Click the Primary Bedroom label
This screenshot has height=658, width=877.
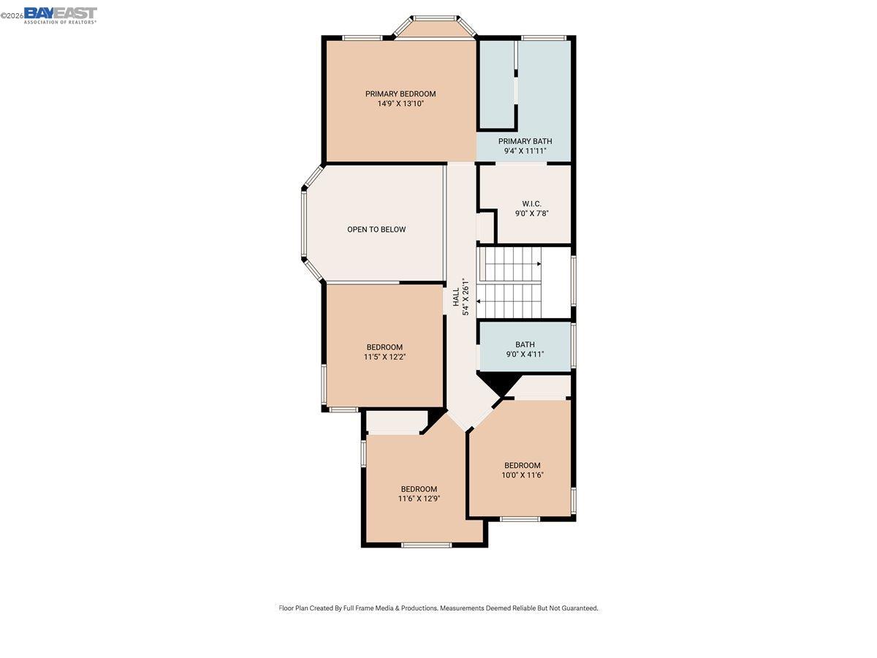(400, 94)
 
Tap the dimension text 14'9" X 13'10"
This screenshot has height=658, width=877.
(400, 104)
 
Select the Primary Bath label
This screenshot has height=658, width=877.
(525, 141)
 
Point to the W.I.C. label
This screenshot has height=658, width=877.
(531, 203)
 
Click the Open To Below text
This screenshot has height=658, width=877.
(376, 230)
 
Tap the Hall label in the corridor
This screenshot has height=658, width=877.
(456, 296)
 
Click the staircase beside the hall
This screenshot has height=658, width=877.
(512, 282)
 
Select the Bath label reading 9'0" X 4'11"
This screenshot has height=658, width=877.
(525, 344)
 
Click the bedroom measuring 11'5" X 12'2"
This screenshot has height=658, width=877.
(384, 347)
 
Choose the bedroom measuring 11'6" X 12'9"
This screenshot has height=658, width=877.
(419, 489)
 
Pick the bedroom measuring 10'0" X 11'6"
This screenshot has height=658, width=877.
(523, 466)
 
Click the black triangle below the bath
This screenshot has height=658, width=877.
(498, 382)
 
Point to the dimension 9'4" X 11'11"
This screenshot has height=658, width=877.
(525, 151)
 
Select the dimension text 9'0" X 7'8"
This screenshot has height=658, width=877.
(531, 213)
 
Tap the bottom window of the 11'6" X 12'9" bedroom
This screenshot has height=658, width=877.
(427, 545)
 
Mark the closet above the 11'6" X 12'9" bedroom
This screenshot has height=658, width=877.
(395, 422)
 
